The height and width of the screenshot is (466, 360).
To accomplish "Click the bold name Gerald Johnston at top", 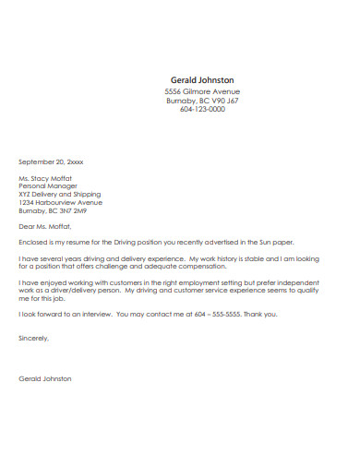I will click(202, 80).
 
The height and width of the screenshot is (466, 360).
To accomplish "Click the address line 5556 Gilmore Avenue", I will click(202, 92).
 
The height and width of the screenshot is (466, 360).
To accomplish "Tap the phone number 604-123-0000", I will click(202, 109).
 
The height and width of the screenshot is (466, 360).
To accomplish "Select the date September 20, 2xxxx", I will click(51, 161).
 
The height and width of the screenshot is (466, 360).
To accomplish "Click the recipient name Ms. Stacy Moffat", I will click(45, 177).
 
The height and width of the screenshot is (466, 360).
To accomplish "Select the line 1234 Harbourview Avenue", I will click(61, 202).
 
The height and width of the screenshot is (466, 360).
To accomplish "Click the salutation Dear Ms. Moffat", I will click(44, 224).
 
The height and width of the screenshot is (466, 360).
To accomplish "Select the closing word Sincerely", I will click(34, 338).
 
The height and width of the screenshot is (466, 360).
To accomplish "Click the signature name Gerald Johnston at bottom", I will click(45, 378).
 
